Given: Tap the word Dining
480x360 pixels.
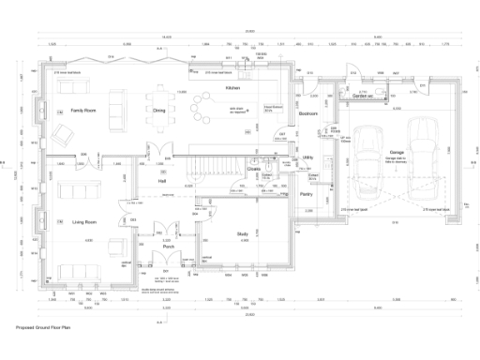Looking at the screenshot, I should [x=159, y=111].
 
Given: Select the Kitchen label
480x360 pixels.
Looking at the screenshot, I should [x=232, y=87].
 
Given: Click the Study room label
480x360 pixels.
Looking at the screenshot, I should [x=242, y=233].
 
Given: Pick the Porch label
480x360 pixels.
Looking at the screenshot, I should [x=166, y=248].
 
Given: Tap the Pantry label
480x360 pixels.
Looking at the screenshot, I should [x=306, y=194].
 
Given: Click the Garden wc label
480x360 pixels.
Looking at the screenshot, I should [x=363, y=97].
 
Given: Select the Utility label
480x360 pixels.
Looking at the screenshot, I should [x=308, y=158].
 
